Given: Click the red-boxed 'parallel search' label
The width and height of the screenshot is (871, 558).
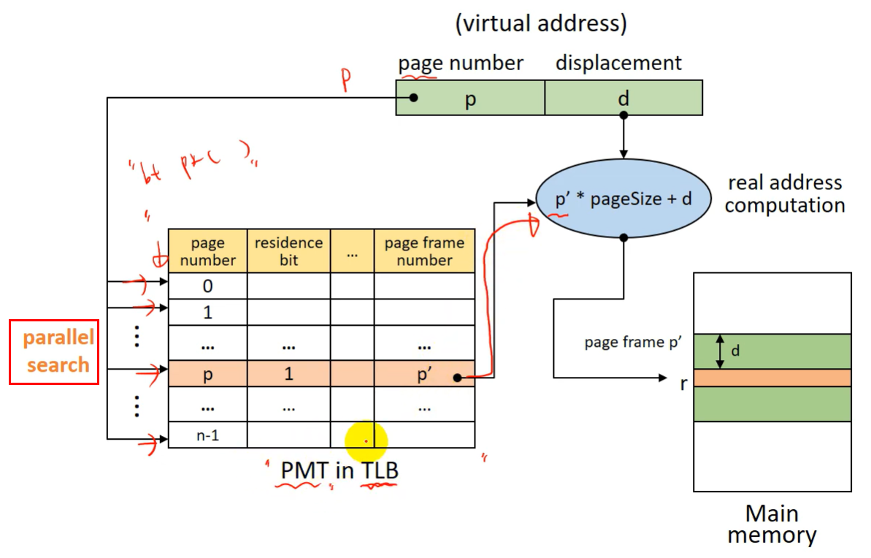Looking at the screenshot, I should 54,351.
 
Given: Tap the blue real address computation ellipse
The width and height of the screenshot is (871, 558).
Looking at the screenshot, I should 623,198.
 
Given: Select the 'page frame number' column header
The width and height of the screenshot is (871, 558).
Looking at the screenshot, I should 424,251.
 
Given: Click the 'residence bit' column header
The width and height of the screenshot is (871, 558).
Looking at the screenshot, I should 288,251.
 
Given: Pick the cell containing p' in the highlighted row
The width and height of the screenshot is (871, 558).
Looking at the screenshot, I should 424,374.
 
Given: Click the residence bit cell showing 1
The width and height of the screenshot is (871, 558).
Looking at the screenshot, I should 288,374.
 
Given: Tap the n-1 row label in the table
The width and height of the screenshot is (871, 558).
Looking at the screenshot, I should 207,435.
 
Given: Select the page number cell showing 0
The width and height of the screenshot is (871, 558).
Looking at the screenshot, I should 207,286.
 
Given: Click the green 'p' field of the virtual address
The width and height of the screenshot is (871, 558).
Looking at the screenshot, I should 470,98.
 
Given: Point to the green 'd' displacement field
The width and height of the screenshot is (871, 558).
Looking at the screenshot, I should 623,98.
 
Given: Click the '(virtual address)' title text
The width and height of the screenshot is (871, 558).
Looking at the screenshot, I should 541,23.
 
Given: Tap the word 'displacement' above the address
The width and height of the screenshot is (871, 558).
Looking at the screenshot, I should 618,63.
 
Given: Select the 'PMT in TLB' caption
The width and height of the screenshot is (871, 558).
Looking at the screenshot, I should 340,470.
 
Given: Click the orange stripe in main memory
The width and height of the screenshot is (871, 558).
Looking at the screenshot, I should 772,378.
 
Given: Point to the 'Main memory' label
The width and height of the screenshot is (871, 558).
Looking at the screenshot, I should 772,524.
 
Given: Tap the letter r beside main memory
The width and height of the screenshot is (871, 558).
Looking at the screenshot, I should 683,383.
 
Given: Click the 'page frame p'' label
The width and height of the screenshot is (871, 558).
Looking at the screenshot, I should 633,342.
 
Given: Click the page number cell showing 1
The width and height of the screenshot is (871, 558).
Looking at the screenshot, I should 207,312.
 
